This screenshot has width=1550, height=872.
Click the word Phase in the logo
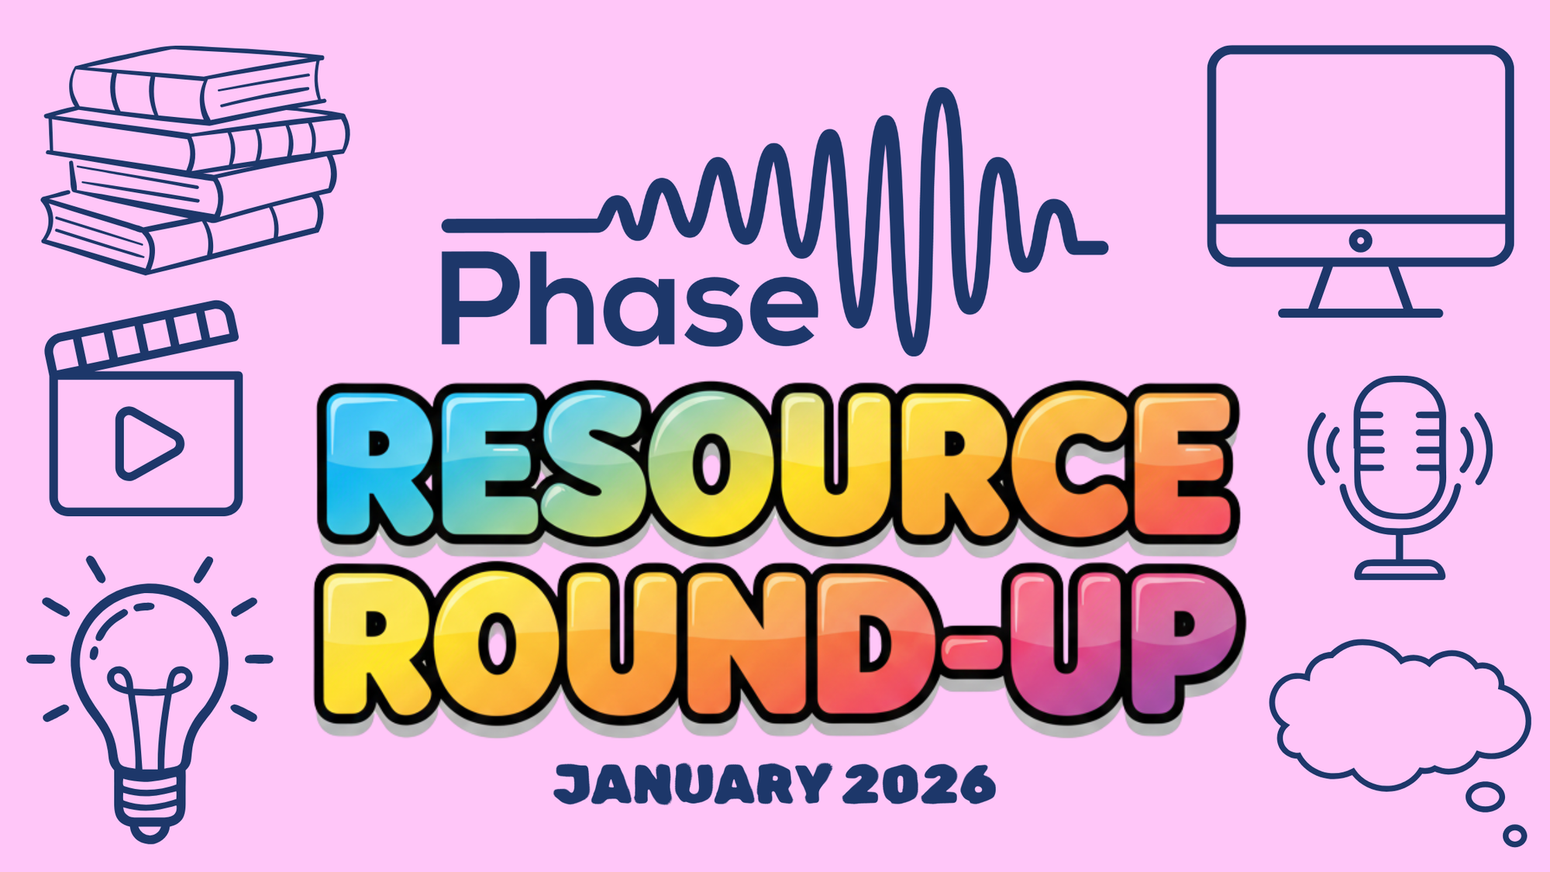pos(628,298)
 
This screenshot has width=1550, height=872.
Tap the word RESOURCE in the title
pos(775,465)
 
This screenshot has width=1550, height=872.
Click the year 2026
pos(918,784)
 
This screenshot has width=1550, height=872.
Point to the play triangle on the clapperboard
pos(147,443)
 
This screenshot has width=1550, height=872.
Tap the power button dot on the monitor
pos(1360,240)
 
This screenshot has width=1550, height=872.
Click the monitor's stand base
pos(1360,312)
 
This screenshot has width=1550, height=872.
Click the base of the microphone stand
pos(1400,571)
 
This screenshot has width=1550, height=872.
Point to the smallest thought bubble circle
pos(1514,836)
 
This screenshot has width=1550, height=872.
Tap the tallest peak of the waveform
pos(942,97)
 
